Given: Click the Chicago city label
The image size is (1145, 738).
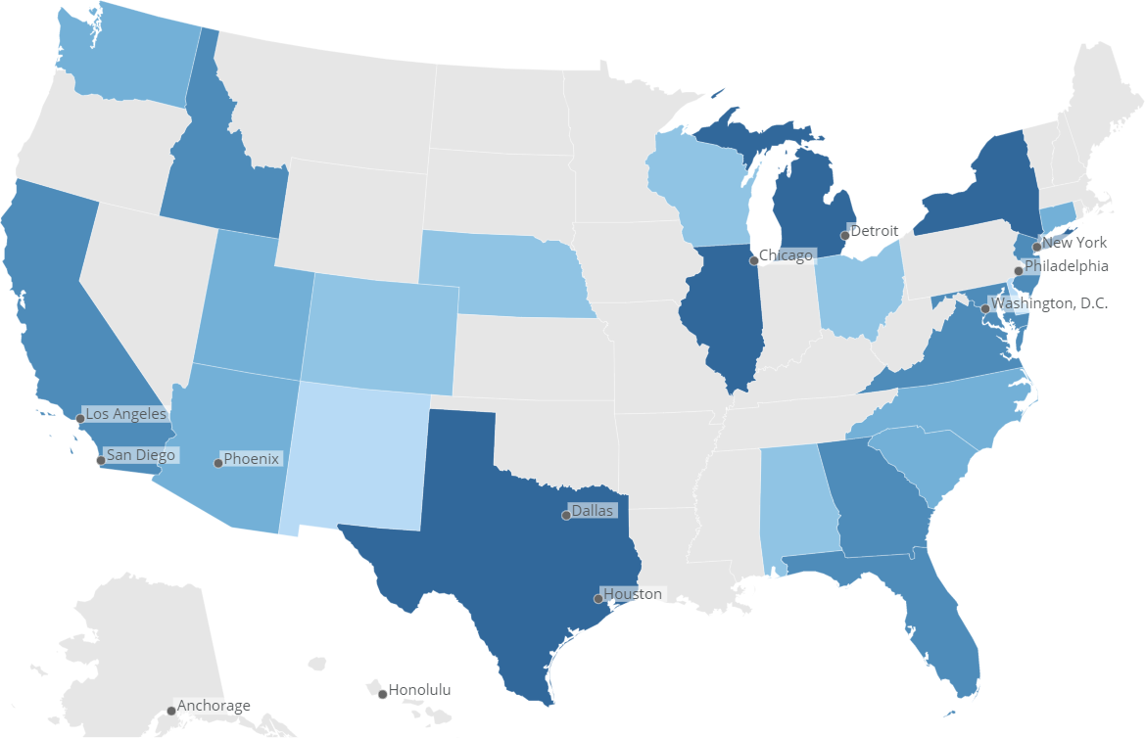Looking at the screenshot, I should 786,255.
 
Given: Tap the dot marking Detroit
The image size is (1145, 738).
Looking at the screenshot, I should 844,236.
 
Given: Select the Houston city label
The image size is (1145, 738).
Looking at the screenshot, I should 632,594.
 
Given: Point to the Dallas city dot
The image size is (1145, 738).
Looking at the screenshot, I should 565,515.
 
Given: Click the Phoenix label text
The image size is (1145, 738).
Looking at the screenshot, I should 251,458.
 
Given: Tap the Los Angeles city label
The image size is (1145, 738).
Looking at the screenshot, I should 125,414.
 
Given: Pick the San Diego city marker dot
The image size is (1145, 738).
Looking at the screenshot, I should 101,460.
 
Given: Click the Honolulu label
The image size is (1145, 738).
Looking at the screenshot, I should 419,690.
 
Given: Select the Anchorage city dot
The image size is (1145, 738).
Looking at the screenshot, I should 171,711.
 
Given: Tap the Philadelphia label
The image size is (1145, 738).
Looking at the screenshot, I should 1066,266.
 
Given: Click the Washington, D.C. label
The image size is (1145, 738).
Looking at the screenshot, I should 1049,303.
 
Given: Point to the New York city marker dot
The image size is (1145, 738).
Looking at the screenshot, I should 1036,247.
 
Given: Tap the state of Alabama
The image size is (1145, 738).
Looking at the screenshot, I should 798,504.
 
